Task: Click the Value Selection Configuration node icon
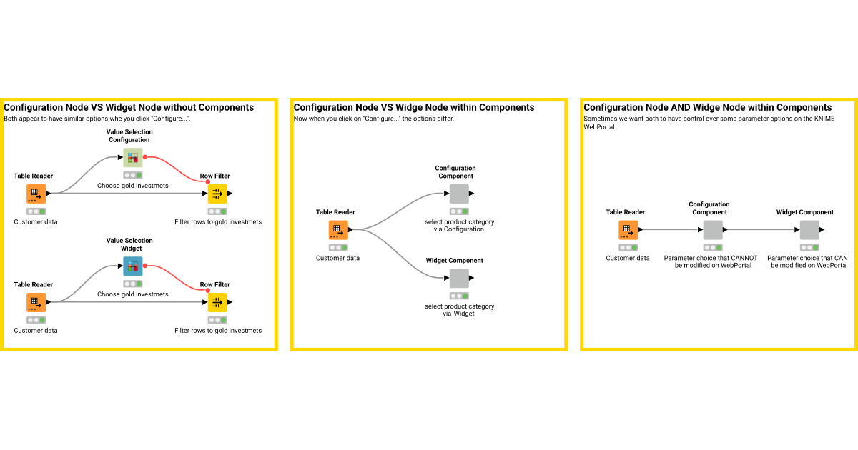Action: point(132,158)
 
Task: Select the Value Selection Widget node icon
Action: point(132,266)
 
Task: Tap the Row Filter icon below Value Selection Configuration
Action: point(217,194)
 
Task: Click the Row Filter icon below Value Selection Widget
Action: point(217,302)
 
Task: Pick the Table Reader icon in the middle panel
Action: point(338,230)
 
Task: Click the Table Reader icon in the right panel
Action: point(628,230)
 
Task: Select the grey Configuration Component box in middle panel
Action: point(459,194)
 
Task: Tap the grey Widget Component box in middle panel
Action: point(459,278)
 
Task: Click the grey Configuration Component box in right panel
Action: point(713,230)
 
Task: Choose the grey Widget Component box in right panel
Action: point(809,230)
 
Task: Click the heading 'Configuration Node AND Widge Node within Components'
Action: point(707,108)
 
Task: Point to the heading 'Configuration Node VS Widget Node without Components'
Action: point(129,108)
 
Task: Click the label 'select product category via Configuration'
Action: point(459,225)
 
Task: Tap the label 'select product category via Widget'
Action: point(459,309)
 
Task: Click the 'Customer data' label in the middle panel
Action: point(337,258)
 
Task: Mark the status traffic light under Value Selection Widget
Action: point(132,284)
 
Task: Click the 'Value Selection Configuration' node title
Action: point(129,136)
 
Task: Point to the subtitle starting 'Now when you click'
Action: point(373,119)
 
